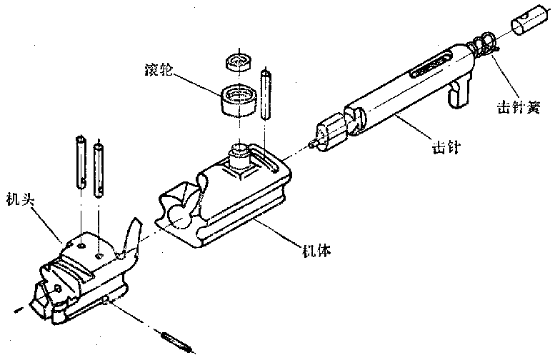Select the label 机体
pos(315,251)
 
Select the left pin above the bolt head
pos(80,164)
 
